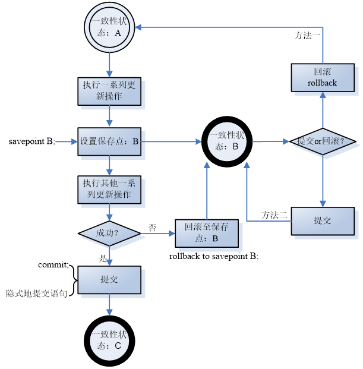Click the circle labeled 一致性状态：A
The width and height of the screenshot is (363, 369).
109,27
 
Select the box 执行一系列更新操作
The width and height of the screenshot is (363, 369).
109,91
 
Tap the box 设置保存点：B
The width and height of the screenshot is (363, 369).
109,142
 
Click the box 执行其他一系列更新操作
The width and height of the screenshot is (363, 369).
109,189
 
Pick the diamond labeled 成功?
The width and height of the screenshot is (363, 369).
109,233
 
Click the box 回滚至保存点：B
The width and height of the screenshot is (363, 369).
206,232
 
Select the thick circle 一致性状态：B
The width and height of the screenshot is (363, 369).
226,141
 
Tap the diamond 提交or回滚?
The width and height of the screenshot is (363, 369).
322,141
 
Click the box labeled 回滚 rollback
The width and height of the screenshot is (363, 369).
322,78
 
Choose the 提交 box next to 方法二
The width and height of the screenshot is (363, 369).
322,220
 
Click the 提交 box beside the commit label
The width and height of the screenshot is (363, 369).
109,279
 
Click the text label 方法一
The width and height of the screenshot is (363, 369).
308,35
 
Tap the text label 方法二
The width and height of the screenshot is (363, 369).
274,215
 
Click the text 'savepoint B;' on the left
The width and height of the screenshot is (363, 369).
31,141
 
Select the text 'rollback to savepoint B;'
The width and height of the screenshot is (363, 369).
214,257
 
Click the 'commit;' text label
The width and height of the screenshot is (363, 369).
53,264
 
